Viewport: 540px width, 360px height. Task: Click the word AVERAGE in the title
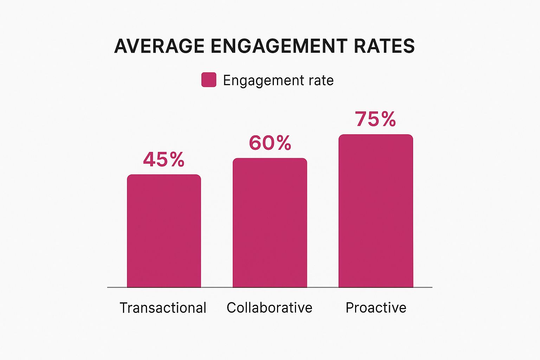tap(159, 46)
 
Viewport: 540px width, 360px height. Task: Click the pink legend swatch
tap(208, 80)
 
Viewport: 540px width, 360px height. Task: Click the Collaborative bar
tap(270, 223)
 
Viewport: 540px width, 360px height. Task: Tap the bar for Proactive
tap(375, 211)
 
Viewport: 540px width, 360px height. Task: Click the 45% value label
tap(164, 160)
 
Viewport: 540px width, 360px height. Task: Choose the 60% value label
tap(270, 143)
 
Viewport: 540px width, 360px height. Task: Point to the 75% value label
tap(375, 119)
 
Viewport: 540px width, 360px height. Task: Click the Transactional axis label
tap(163, 308)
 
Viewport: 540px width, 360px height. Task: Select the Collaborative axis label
tap(269, 308)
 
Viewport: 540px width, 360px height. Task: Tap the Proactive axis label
tap(376, 308)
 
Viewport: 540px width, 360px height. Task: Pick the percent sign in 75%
tap(388, 119)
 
